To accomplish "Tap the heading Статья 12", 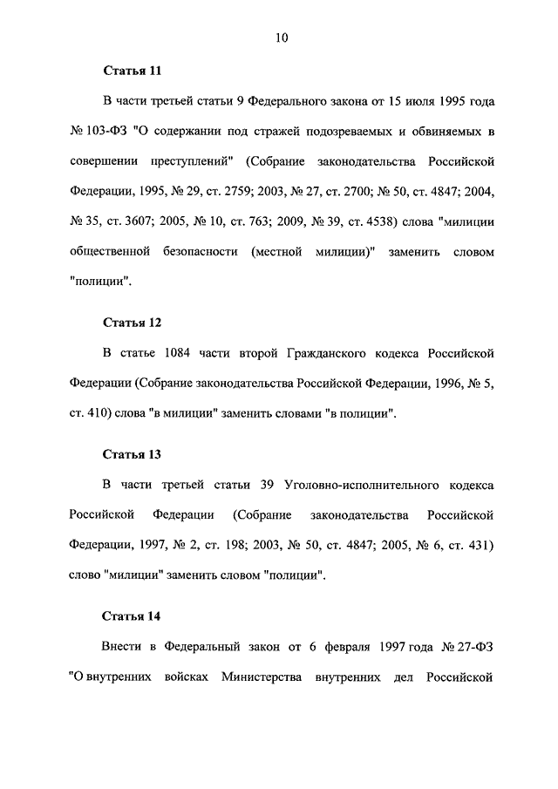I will click(132, 323).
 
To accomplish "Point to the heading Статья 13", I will click(132, 454).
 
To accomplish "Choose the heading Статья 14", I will click(132, 617).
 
